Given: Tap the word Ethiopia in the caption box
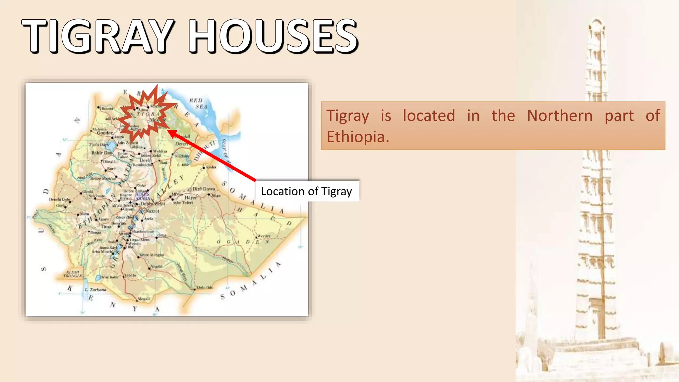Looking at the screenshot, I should pyautogui.click(x=357, y=137).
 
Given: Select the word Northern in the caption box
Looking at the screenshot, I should pyautogui.click(x=560, y=116).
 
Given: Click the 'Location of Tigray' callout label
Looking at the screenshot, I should pyautogui.click(x=307, y=191).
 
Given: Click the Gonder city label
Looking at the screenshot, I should pyautogui.click(x=104, y=133).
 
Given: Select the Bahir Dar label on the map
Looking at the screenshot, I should pyautogui.click(x=101, y=153).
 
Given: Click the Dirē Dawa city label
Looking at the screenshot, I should pyautogui.click(x=204, y=189).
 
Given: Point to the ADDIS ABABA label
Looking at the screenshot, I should pyautogui.click(x=143, y=196).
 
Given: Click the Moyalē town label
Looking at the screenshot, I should pyautogui.click(x=144, y=299).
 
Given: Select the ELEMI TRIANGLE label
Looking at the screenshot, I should pyautogui.click(x=73, y=274).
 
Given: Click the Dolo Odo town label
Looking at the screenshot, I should pyautogui.click(x=205, y=287).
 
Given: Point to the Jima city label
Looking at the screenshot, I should pyautogui.click(x=106, y=227).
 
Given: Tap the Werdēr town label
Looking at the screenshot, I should pyautogui.click(x=264, y=236).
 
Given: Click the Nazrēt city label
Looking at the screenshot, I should pyautogui.click(x=152, y=211).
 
